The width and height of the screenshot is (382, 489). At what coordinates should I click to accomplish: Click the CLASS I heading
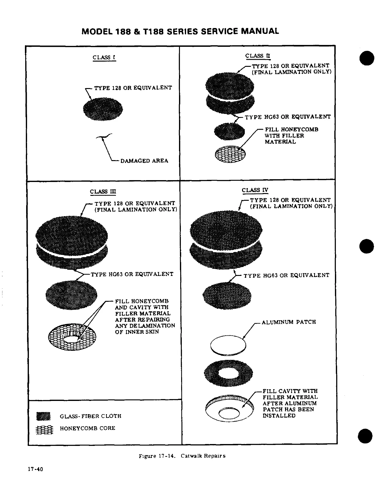(104, 57)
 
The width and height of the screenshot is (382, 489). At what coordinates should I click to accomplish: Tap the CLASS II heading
(258, 56)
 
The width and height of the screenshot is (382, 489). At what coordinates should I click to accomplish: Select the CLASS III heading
(103, 192)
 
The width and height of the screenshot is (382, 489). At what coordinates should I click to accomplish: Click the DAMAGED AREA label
(144, 161)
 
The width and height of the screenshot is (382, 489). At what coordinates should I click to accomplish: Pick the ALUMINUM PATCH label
(288, 322)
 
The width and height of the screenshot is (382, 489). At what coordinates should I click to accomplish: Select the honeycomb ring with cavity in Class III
(73, 337)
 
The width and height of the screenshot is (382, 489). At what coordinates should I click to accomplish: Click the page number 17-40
(35, 470)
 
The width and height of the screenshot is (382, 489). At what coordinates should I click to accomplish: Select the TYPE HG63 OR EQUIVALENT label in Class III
(132, 274)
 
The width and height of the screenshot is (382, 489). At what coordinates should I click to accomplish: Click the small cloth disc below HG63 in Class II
(229, 131)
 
